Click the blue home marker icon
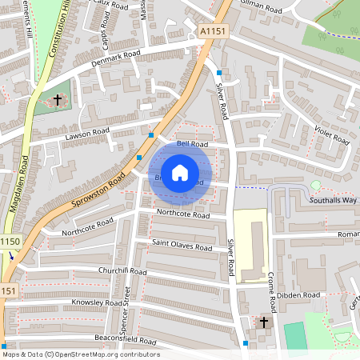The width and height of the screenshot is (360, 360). (x=180, y=173)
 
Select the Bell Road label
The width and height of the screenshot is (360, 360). (x=192, y=144)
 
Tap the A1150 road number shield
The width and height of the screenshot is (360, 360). (x=9, y=241)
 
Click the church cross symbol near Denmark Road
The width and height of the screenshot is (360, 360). (x=58, y=100)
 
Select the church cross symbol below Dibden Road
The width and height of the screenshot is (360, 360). (x=265, y=322)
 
